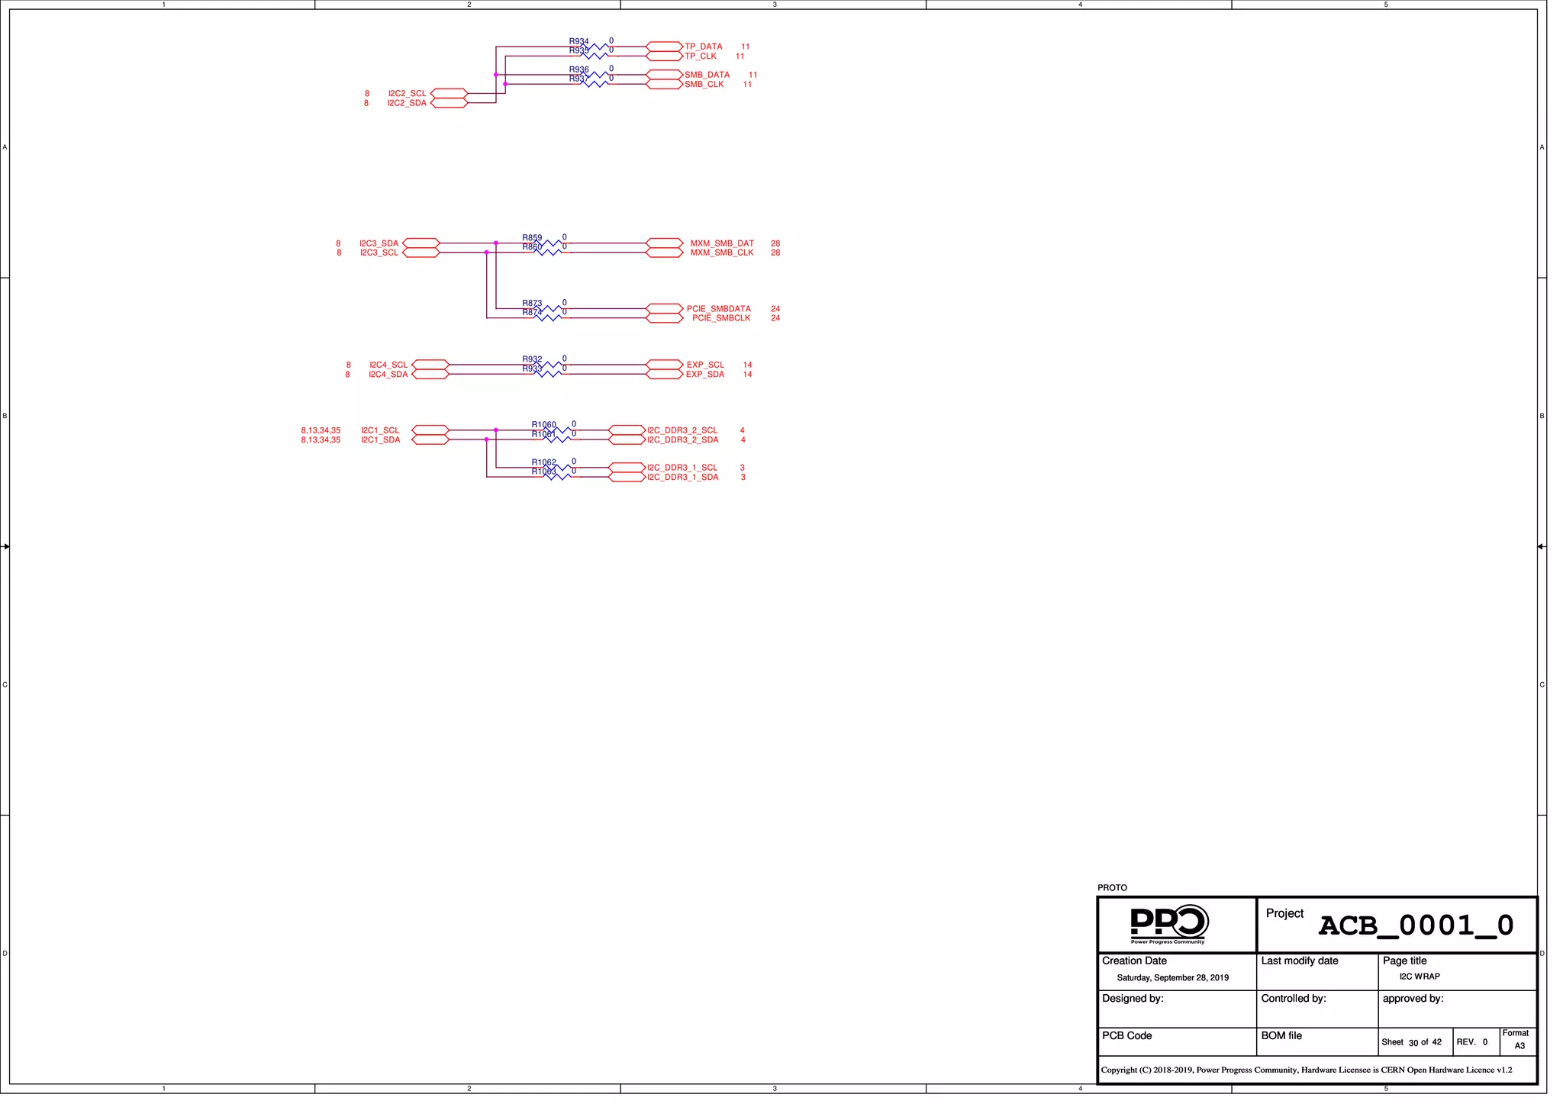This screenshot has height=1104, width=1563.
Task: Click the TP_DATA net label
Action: coord(703,47)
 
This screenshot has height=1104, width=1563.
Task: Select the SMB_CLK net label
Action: coord(704,85)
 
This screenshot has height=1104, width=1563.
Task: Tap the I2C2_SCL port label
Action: coord(407,94)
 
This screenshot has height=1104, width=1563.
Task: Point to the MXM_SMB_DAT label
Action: coord(722,243)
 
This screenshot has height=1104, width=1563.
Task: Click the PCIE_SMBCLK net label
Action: coord(721,318)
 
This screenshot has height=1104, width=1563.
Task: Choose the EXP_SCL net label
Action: coord(705,365)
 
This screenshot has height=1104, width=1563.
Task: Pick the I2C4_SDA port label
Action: coord(388,375)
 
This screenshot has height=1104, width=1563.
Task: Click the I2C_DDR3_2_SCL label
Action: coord(682,430)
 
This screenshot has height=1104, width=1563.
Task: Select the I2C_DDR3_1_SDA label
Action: coord(682,478)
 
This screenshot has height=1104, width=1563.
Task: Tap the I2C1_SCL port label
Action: coord(380,430)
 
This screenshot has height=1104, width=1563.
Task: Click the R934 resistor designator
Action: coord(578,41)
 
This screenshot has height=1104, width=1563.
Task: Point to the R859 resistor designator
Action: coord(532,238)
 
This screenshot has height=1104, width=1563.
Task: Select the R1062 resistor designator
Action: coord(543,462)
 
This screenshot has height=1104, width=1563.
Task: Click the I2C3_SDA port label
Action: coord(379,243)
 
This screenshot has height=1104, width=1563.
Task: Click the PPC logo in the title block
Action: coord(1168,924)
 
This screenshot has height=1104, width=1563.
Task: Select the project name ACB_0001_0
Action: coord(1416,925)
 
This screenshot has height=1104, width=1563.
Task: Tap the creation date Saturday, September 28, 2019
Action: coord(1172,978)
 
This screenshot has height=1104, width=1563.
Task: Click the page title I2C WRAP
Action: coord(1420,977)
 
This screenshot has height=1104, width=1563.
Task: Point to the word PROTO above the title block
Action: coord(1112,888)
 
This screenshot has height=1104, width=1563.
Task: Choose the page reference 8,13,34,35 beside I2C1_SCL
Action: coord(321,430)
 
